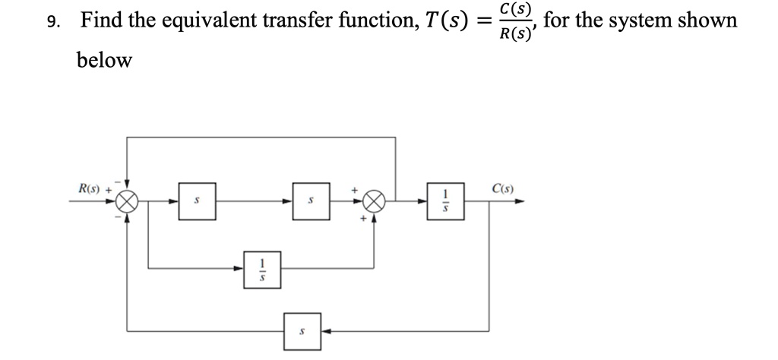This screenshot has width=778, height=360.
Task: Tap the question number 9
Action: coord(51,21)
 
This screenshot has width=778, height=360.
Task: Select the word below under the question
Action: coord(104,60)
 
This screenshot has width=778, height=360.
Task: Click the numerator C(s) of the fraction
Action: coord(517,10)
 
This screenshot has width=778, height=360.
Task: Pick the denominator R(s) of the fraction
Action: coord(515,33)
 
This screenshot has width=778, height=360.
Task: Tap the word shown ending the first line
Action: coord(707,21)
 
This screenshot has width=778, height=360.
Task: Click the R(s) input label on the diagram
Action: coord(93,188)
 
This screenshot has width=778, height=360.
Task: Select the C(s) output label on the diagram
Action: coord(503,188)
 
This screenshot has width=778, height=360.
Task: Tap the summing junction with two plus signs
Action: coord(374,201)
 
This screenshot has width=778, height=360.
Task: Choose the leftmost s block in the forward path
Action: coord(197,201)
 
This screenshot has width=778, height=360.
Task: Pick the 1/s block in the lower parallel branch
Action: coord(262,269)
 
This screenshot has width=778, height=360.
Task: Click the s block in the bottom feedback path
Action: coord(302,332)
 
